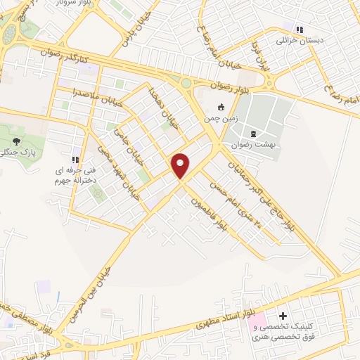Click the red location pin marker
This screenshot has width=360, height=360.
tap(181, 165)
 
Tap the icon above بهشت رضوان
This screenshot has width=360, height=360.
tap(253, 133)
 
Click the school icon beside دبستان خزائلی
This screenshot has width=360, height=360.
tap(300, 30)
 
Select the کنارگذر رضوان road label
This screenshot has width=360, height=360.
tap(65, 53)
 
